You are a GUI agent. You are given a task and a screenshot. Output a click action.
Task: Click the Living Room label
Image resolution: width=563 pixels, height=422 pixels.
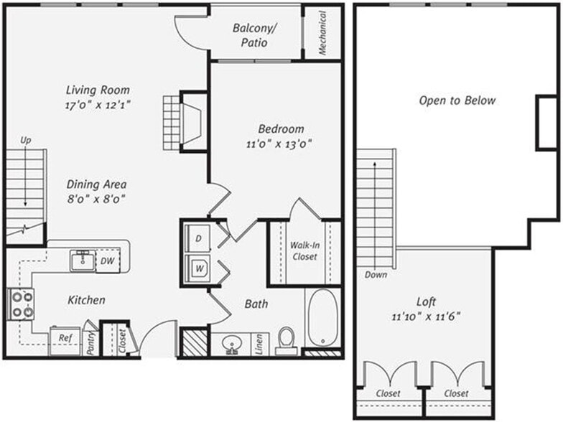(98, 90)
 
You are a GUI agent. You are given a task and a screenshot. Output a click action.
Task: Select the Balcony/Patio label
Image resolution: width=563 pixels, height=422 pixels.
(255, 36)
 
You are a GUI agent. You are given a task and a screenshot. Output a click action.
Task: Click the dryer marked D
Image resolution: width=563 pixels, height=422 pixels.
(197, 238)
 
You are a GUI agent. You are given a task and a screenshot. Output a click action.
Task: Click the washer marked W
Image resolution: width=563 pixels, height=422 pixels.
(197, 269)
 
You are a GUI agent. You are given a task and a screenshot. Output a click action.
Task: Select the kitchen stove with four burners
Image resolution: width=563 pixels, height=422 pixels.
(22, 304)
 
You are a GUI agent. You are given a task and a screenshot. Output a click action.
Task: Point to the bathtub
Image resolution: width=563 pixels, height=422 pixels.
(322, 316)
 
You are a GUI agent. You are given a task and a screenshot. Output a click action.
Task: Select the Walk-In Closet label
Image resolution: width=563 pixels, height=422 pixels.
(304, 250)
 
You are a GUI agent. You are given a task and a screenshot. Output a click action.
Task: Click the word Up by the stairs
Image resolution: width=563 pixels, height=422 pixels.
(26, 139)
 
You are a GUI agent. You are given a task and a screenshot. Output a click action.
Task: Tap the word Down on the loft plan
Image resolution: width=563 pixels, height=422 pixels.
(375, 274)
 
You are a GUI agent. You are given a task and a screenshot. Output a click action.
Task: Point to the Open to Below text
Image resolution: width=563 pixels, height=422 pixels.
(457, 100)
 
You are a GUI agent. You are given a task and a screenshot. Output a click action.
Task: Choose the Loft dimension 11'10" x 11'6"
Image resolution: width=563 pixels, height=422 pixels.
(426, 315)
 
